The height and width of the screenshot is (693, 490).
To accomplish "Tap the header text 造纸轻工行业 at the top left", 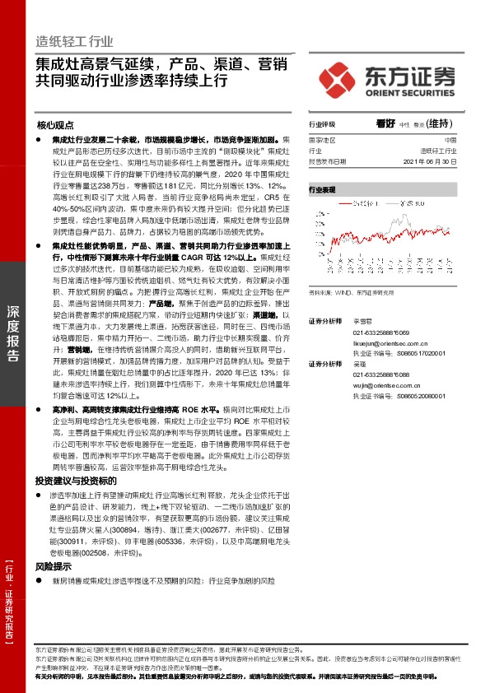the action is click(x=74, y=42).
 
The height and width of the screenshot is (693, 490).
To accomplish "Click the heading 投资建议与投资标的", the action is click(x=72, y=480).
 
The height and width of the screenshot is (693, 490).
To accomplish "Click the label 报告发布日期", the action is click(x=328, y=161).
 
